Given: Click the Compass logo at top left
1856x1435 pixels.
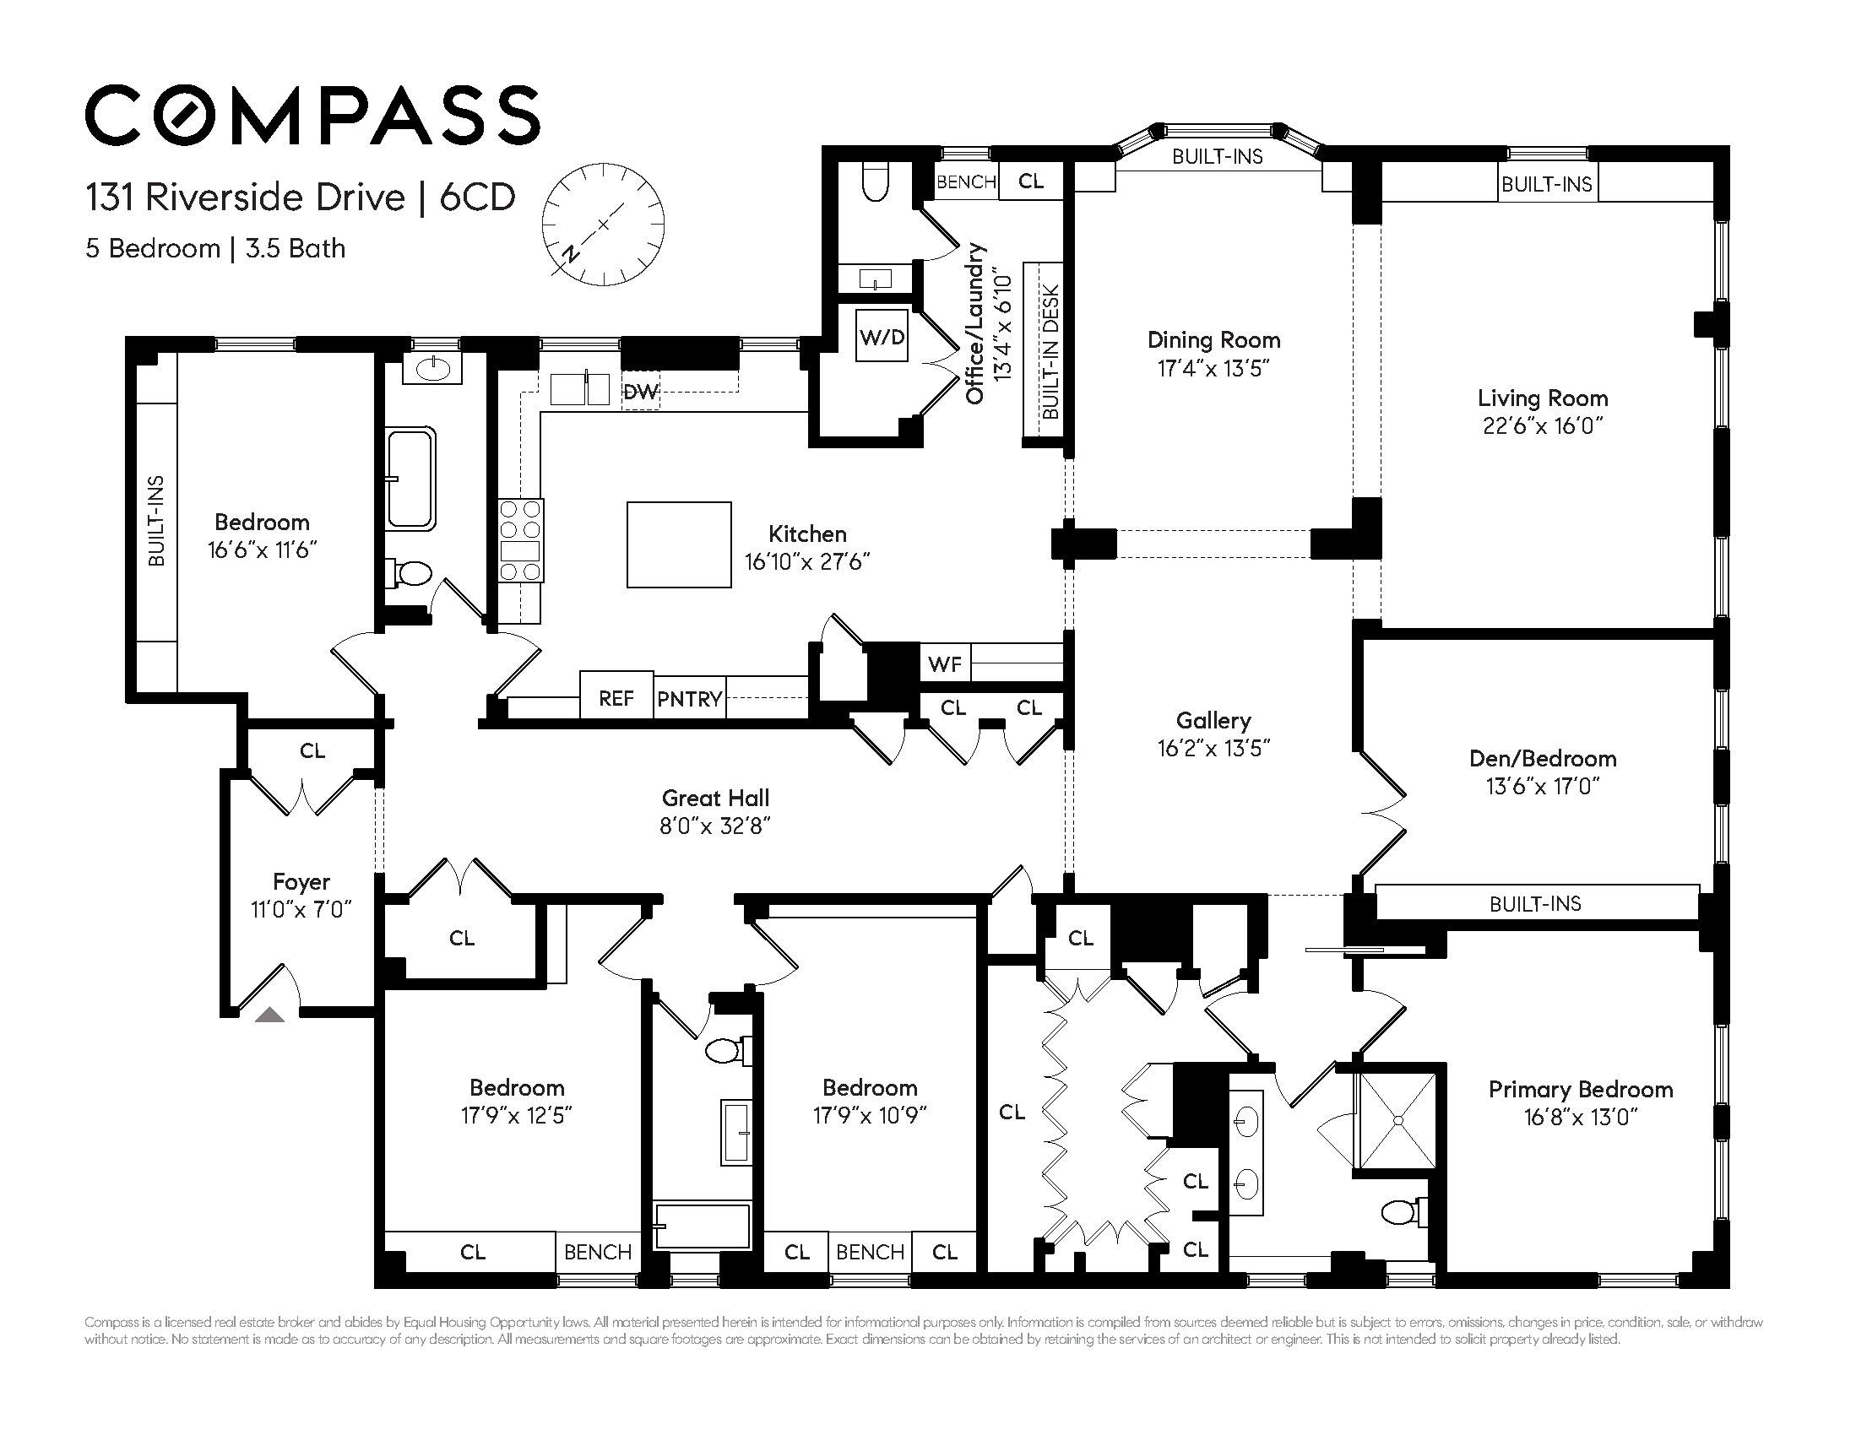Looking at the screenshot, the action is [x=312, y=115].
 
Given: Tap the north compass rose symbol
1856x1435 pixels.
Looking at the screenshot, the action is [x=603, y=225].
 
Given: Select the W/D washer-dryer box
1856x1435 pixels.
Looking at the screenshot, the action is [x=882, y=337].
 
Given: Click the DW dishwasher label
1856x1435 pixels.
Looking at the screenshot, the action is [x=640, y=392].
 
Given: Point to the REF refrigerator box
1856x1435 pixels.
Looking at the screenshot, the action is [x=616, y=697].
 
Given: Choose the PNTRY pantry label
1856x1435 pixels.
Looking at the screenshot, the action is [x=689, y=699].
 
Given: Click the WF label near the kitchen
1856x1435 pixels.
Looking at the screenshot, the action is [x=944, y=663].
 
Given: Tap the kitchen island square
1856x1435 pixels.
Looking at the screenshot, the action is [x=679, y=544].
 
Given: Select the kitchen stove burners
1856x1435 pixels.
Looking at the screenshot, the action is [x=520, y=540].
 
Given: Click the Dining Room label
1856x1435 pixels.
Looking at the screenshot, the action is [x=1213, y=340].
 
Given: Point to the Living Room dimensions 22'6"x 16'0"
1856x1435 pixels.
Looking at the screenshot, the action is [x=1543, y=425].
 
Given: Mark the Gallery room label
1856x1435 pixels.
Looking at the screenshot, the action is [x=1213, y=721].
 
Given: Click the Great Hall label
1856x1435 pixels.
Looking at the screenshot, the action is [x=715, y=798].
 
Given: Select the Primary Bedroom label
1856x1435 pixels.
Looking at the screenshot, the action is [x=1581, y=1089].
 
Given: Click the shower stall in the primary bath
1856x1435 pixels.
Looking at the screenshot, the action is [x=1398, y=1122].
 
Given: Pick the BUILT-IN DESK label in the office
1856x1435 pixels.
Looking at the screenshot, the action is [x=1050, y=352].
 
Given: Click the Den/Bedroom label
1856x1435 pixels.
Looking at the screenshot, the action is [x=1543, y=758].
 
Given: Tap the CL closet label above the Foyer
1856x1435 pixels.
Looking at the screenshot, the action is [x=312, y=750].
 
